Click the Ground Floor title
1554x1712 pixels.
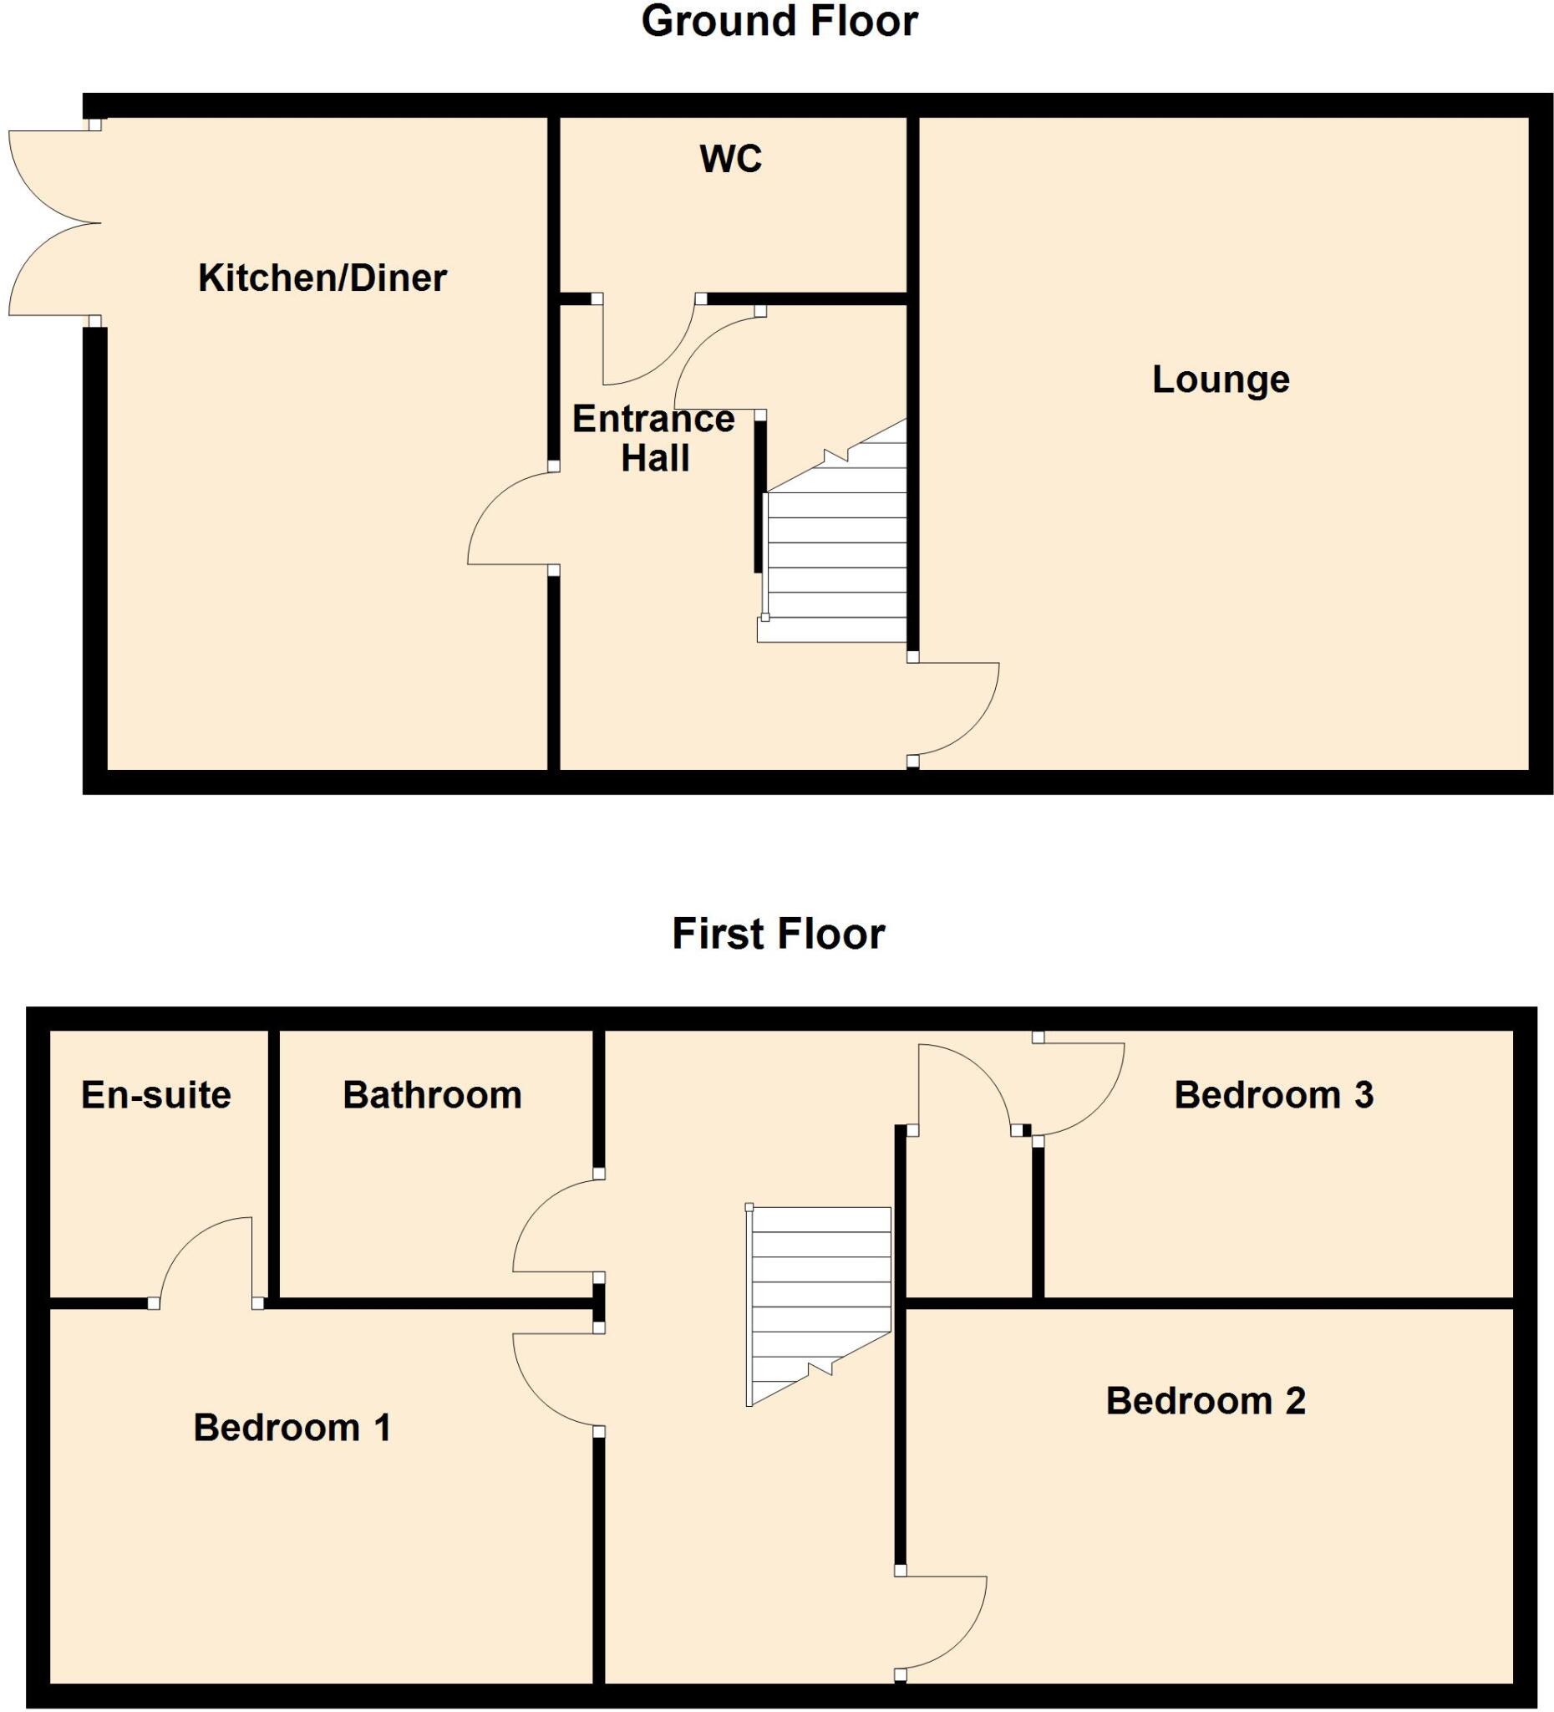(x=779, y=22)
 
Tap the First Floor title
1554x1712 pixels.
(x=778, y=933)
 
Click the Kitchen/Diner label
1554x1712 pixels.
(x=322, y=278)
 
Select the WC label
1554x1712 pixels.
(x=731, y=159)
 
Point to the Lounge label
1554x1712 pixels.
(x=1220, y=379)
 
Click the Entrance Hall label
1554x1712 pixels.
(x=653, y=438)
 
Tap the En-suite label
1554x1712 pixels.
(x=156, y=1094)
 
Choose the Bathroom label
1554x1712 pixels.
(x=432, y=1094)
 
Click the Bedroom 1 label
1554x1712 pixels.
(x=292, y=1428)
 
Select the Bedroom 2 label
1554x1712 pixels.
(x=1204, y=1400)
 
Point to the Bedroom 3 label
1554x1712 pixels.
(x=1273, y=1094)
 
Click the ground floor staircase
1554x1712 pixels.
(x=835, y=552)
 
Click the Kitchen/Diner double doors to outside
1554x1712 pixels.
(x=53, y=223)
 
